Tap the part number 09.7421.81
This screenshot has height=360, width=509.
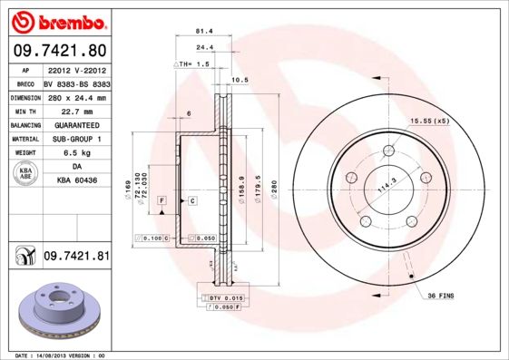click(76, 257)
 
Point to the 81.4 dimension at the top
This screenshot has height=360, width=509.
click(204, 31)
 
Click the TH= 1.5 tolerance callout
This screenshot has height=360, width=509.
click(192, 65)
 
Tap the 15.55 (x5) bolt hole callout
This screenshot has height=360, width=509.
click(430, 121)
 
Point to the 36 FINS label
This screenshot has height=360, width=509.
click(440, 296)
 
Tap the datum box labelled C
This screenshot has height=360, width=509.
click(193, 199)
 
